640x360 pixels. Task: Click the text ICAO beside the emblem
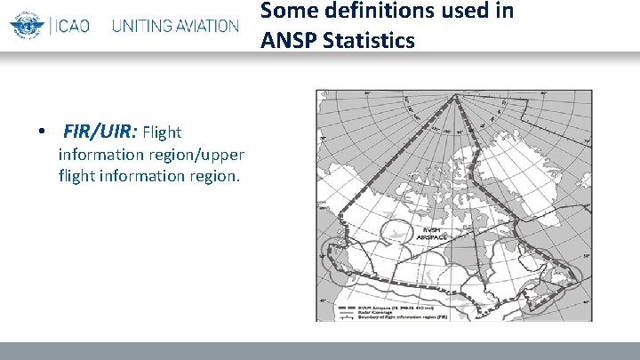click(75, 25)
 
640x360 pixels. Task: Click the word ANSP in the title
click(288, 40)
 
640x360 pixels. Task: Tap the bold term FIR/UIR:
click(100, 132)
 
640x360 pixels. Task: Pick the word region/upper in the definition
click(200, 155)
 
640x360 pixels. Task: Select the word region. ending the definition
click(213, 175)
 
